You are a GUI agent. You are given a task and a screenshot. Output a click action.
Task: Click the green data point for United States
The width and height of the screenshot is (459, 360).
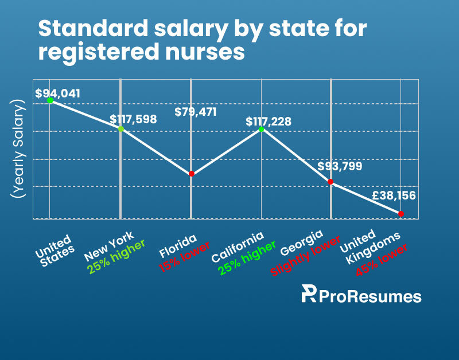(50, 100)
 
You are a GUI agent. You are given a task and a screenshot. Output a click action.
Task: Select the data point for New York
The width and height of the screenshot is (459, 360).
(121, 129)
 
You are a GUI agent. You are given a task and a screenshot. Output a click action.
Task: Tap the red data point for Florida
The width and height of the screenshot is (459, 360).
(192, 174)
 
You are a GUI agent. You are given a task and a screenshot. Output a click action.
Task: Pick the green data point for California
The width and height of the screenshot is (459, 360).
(262, 129)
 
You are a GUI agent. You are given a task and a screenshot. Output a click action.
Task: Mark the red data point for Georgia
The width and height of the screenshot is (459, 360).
(330, 182)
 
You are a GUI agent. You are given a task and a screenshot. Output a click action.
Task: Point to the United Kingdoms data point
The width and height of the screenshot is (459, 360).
(401, 214)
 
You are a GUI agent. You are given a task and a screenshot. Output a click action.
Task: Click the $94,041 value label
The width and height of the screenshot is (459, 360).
(58, 93)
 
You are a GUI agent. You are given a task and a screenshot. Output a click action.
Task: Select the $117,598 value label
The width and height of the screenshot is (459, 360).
(133, 119)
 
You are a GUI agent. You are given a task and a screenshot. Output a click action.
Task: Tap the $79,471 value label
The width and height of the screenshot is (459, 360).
(196, 112)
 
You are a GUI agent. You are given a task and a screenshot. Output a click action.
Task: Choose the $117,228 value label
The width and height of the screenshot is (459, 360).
(269, 122)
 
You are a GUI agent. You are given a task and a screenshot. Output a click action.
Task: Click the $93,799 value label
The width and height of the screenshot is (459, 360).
(340, 166)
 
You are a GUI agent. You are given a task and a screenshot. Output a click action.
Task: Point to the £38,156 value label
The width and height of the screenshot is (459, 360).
(394, 195)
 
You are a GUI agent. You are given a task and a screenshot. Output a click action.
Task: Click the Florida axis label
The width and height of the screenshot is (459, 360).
(178, 246)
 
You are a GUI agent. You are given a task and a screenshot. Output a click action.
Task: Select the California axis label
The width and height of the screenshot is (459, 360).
(238, 247)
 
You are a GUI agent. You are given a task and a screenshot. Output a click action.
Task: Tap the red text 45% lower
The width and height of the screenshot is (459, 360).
(382, 260)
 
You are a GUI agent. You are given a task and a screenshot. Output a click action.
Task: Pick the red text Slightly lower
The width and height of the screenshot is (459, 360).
(305, 256)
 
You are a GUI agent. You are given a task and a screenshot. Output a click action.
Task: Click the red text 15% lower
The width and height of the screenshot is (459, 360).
(184, 257)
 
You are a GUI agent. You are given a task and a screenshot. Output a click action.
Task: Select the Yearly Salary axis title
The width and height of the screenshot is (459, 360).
(18, 149)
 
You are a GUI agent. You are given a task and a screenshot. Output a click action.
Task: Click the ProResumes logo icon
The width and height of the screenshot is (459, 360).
(309, 294)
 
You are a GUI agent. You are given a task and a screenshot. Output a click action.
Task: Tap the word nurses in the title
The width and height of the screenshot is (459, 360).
(205, 52)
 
